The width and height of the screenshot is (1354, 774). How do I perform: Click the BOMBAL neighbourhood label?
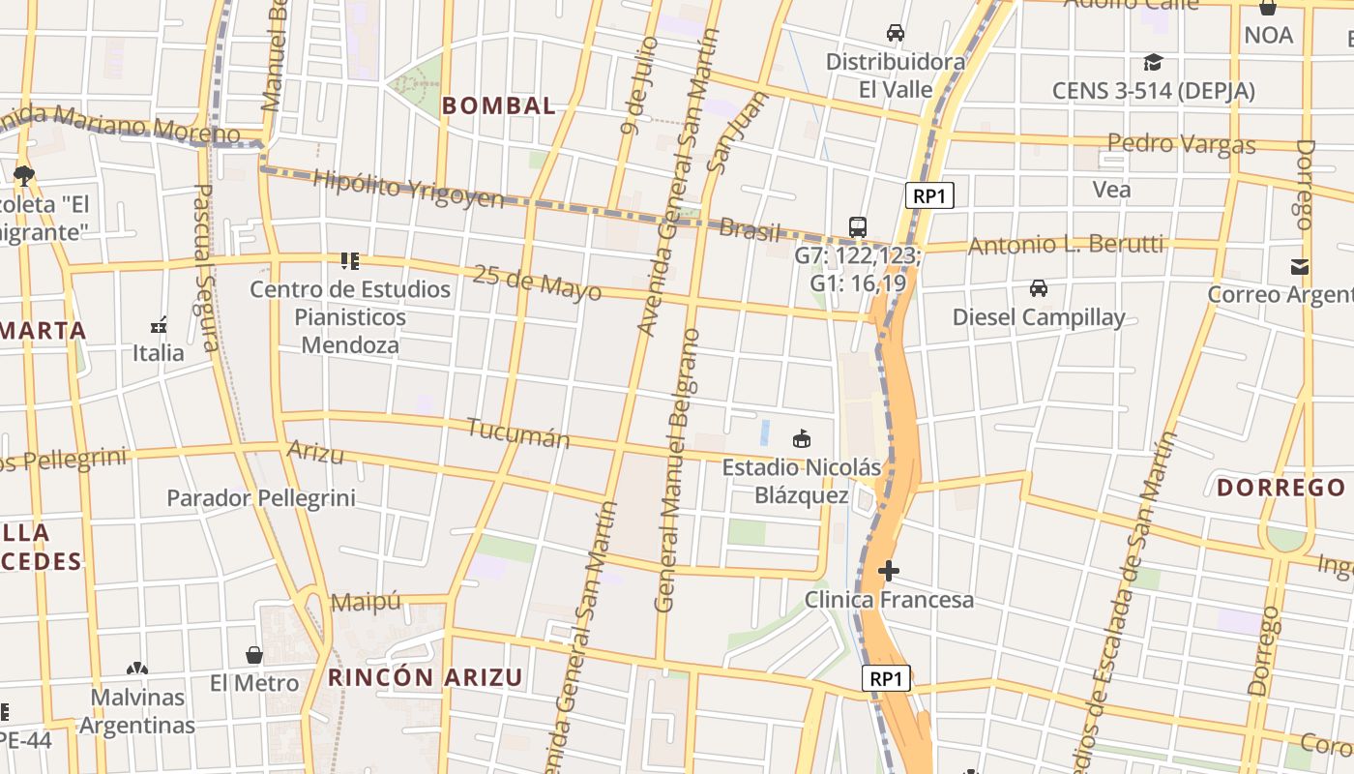499,106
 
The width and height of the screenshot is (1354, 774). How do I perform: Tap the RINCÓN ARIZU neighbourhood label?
426,677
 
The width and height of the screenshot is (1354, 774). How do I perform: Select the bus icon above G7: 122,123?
858,227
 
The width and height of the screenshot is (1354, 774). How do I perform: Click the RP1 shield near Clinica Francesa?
886,679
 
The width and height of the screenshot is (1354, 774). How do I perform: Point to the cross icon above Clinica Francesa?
889,571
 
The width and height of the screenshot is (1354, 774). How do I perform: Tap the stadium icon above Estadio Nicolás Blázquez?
802,439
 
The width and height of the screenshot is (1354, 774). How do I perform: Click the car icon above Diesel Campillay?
1039,288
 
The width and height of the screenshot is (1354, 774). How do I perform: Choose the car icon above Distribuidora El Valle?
896,33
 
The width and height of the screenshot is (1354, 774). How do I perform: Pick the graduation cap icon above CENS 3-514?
1153,63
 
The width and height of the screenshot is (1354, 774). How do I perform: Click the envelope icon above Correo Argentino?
1300,267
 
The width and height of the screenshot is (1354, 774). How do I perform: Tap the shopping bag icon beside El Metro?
254,655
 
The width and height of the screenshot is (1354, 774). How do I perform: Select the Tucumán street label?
518,433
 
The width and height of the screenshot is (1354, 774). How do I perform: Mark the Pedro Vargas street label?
1181,145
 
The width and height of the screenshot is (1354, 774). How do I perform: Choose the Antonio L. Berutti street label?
1066,245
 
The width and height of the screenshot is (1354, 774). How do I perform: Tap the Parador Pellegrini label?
261,498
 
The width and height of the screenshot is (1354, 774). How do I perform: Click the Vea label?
1111,190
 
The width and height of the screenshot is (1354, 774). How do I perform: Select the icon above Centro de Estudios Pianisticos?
350,260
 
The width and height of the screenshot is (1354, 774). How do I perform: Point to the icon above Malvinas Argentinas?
137,669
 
